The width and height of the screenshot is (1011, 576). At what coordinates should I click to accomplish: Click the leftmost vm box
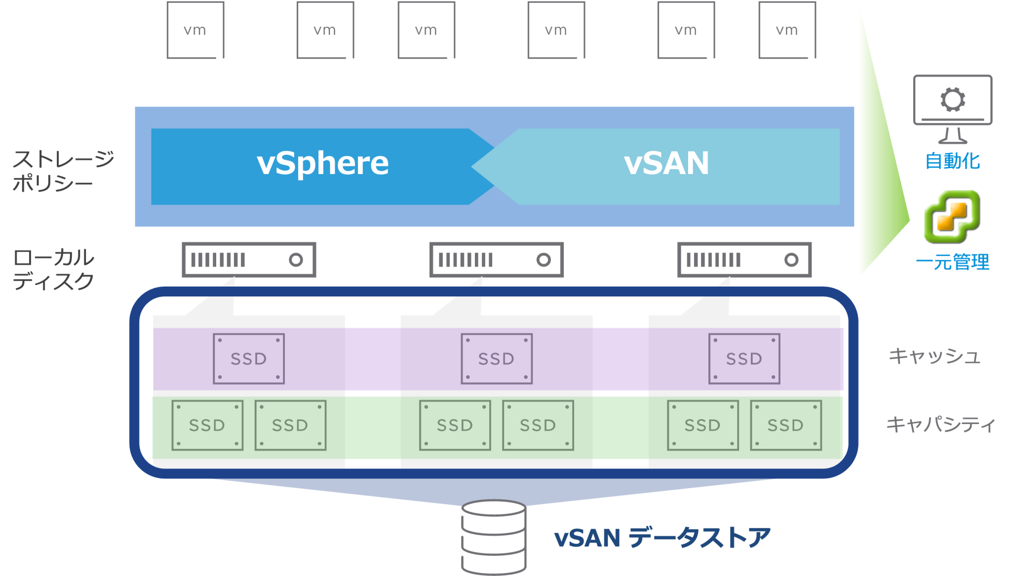click(x=195, y=30)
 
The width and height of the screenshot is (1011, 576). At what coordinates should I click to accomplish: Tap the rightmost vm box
click(x=787, y=30)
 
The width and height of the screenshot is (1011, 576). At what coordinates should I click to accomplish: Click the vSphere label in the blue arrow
click(x=323, y=164)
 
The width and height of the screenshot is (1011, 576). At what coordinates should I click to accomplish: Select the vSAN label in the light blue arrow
click(x=666, y=164)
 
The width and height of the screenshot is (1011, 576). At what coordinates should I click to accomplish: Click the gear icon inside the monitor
click(x=952, y=100)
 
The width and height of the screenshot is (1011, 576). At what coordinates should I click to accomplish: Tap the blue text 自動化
click(x=952, y=161)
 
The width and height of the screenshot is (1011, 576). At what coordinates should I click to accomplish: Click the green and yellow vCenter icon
click(x=952, y=217)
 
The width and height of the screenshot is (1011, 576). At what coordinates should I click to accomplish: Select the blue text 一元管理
click(x=952, y=262)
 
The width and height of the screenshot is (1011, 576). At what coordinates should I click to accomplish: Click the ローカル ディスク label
click(x=53, y=269)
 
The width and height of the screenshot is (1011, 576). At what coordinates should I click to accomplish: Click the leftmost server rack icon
click(x=249, y=260)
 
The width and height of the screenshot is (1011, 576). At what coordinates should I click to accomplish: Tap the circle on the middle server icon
click(x=544, y=260)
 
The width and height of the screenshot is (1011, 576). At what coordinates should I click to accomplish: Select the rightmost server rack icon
click(x=744, y=260)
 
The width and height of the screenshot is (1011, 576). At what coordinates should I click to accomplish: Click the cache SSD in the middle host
click(x=497, y=359)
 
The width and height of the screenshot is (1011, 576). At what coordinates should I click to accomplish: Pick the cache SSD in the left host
click(x=249, y=359)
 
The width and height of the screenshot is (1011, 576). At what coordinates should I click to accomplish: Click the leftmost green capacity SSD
click(x=207, y=425)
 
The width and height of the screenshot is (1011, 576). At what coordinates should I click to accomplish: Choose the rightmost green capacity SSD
click(x=786, y=425)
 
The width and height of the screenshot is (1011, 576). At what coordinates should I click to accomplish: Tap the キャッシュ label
click(x=934, y=356)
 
